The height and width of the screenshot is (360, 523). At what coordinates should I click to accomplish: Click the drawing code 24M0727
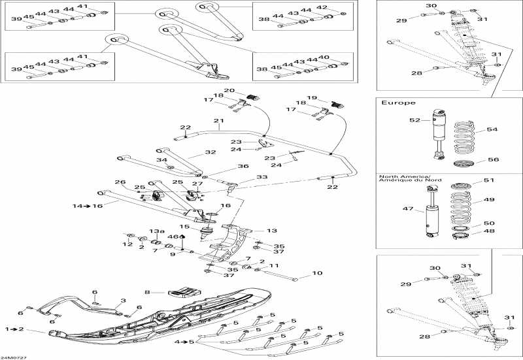point(12,357)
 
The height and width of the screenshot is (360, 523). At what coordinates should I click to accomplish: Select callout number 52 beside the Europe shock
point(414,120)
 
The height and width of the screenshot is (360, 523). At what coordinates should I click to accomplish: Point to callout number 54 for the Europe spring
point(492,129)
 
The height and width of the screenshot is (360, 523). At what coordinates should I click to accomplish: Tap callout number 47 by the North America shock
point(408,208)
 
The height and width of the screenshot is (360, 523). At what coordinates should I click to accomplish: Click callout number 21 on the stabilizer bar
point(219,121)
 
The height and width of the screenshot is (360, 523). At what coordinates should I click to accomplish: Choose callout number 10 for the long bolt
point(317,273)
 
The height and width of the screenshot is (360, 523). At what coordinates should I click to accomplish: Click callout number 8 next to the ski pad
point(147,292)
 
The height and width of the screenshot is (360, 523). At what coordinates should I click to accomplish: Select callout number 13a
point(157,231)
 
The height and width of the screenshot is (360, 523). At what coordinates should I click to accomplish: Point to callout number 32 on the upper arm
point(211,152)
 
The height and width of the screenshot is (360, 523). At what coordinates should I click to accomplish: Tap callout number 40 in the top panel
point(324,57)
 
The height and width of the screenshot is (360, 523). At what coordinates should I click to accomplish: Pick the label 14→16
point(88,206)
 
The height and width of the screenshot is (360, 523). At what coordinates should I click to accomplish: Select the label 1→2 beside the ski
point(14,329)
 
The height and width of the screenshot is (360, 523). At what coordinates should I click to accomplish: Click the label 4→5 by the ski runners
point(184,342)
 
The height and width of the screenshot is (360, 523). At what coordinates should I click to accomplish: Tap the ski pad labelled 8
point(184,291)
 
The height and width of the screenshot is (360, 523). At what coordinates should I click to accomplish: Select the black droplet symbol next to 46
point(182,237)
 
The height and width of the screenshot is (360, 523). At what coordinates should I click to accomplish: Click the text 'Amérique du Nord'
point(410,180)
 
